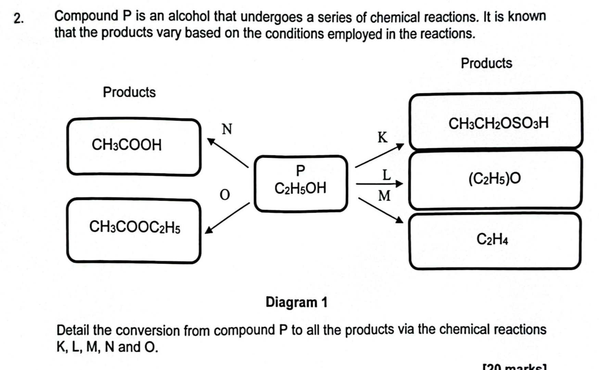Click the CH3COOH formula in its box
[127, 145]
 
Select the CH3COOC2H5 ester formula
[135, 227]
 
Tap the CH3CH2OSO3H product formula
[498, 123]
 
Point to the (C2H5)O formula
[495, 178]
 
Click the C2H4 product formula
[492, 239]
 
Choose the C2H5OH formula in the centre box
[300, 188]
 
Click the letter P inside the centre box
[300, 170]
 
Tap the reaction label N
[227, 129]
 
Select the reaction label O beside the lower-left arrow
[225, 195]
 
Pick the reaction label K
[383, 137]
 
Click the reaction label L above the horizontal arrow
[386, 175]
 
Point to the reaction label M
[384, 196]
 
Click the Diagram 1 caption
[296, 302]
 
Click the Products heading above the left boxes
[129, 92]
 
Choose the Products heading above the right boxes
[486, 63]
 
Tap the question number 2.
[19, 18]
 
